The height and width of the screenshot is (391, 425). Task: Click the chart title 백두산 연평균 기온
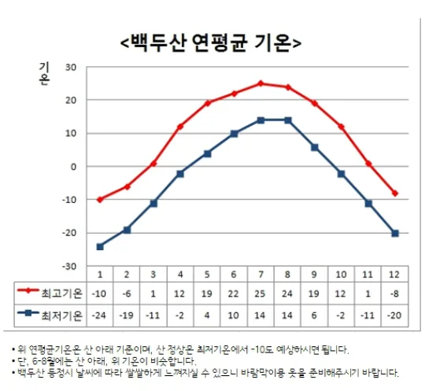(x=212, y=41)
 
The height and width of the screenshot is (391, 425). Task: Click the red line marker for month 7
(x=261, y=83)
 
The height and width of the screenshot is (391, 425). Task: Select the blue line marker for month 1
(x=100, y=246)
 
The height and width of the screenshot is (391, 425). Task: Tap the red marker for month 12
(x=394, y=193)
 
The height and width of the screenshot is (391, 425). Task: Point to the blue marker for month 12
(x=394, y=233)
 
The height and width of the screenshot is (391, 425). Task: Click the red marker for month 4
(x=180, y=126)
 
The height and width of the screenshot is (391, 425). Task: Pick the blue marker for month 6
(x=234, y=133)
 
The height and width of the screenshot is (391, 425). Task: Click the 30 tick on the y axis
(x=70, y=67)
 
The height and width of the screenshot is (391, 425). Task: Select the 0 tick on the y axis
(x=72, y=167)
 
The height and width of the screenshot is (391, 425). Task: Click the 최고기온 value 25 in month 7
(x=261, y=293)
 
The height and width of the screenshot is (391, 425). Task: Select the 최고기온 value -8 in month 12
(x=394, y=293)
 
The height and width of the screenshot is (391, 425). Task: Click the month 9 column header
(x=314, y=274)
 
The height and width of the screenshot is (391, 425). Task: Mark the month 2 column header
(x=127, y=274)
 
